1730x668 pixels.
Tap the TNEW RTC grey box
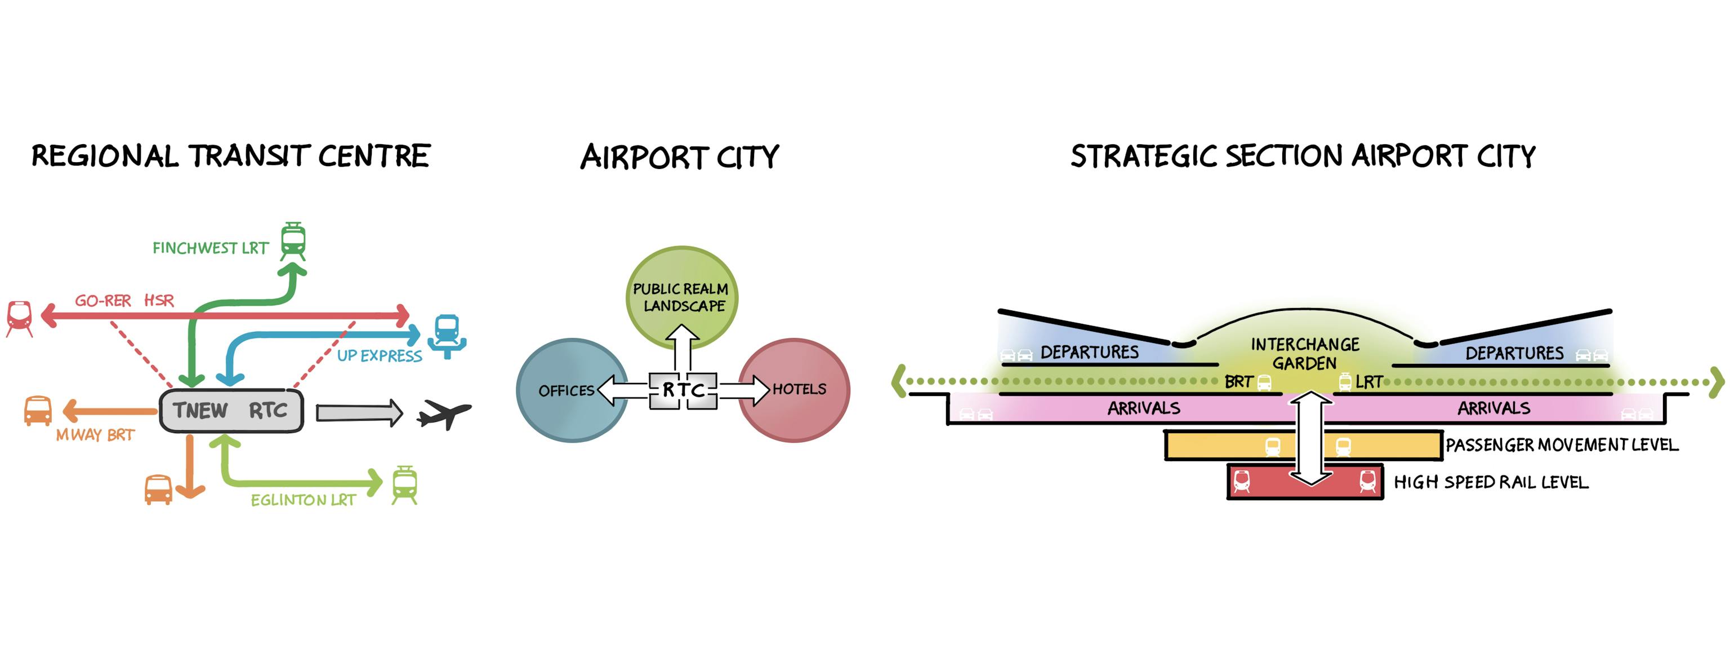[x=231, y=410]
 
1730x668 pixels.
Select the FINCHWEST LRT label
[x=210, y=248]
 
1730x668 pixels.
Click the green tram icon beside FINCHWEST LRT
[x=293, y=241]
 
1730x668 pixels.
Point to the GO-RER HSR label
[x=124, y=301]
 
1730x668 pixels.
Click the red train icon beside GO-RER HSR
[x=20, y=318]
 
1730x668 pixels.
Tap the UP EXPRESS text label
[x=380, y=356]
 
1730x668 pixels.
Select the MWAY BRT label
[x=95, y=435]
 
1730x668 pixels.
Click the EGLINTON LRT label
[x=303, y=500]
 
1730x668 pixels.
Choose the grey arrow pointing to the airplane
[x=359, y=412]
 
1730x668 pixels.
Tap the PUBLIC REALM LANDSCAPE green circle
[x=681, y=286]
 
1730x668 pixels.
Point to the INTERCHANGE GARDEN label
[x=1304, y=354]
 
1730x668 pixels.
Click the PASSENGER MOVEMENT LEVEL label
[x=1562, y=445]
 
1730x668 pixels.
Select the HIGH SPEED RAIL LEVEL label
[x=1491, y=483]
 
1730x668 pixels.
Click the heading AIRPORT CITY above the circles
[x=680, y=157]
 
